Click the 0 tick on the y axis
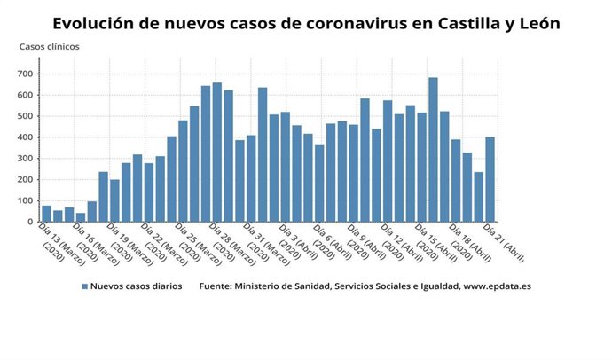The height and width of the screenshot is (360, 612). [30, 222]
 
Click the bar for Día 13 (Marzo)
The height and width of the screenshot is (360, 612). [46, 214]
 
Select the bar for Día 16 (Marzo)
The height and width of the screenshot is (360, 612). [81, 217]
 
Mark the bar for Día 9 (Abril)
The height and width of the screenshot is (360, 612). [365, 160]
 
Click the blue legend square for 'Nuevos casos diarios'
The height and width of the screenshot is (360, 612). [85, 286]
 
